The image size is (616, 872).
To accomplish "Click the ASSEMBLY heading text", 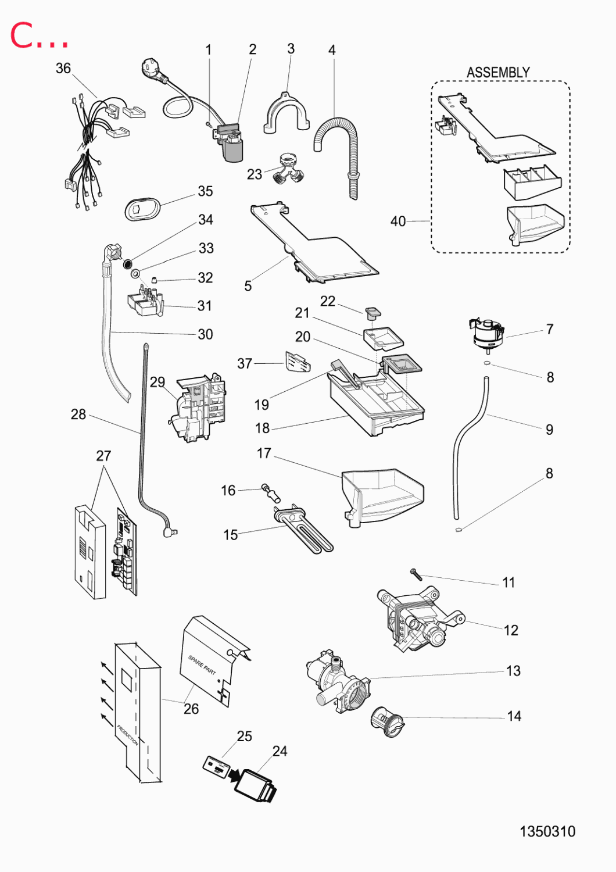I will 498,73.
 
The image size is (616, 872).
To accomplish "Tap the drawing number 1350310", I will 547,831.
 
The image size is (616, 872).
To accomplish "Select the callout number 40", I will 398,221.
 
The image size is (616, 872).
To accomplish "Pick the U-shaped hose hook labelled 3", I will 286,113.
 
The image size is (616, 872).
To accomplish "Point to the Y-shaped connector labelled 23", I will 288,169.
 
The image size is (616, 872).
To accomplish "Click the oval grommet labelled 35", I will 142,208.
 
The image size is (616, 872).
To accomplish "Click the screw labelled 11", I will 416,574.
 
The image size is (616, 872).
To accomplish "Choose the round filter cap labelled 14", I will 386,721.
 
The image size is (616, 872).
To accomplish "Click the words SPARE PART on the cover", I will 202,664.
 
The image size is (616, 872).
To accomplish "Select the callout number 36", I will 63,69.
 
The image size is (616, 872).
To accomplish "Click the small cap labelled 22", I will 373,313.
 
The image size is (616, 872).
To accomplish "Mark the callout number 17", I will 264,453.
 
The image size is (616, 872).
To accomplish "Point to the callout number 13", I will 513,671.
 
